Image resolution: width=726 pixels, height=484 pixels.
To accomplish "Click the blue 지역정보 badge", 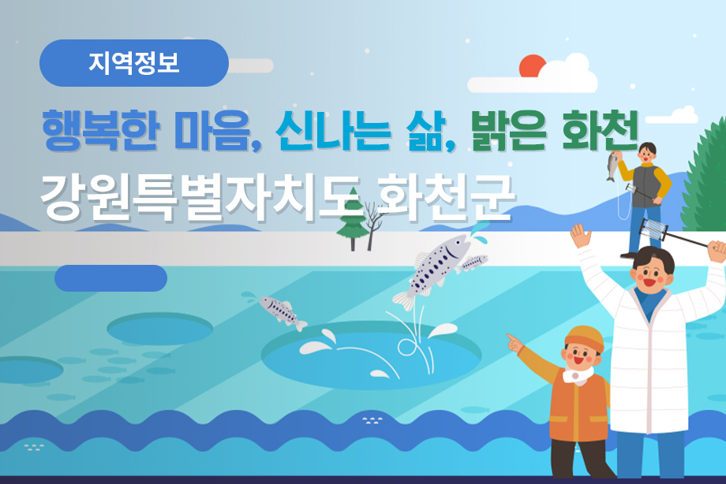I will point(134,63).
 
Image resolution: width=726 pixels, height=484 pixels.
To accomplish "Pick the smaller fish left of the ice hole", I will point(281,311).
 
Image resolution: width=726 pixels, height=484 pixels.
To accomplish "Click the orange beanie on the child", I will point(583,340).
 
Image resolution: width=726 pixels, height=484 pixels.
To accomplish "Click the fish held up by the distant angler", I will point(611,166).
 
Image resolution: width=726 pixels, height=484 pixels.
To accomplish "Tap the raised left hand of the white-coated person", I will point(582,235).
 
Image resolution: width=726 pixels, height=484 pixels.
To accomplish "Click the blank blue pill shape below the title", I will point(110,278).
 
